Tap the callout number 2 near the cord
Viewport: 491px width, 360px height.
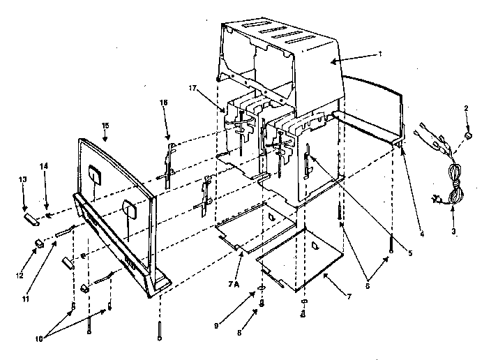coord(467,108)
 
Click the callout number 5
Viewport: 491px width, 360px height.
coord(411,253)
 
